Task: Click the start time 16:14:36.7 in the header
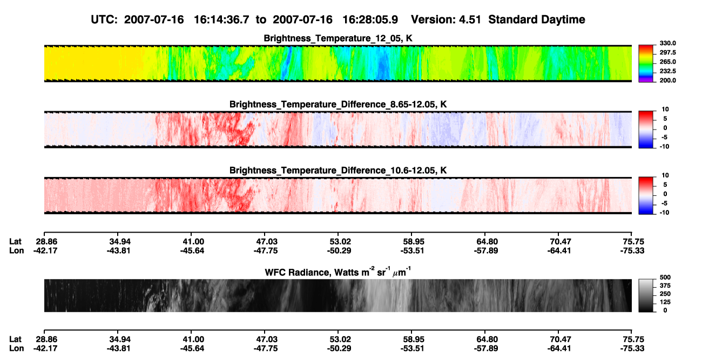coord(221,19)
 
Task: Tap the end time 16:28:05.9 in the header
coord(370,19)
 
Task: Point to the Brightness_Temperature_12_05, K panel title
coord(338,38)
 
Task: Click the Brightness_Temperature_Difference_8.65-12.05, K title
coord(338,104)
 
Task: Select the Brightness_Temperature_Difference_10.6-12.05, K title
coord(338,171)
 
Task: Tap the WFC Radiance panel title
coord(338,272)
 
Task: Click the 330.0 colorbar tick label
coord(667,43)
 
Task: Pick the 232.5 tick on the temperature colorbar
coord(667,71)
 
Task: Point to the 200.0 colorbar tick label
coord(667,80)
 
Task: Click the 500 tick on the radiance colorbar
coord(665,277)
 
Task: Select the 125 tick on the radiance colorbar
coord(665,302)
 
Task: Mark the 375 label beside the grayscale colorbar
coord(665,286)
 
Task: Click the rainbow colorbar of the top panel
coord(646,64)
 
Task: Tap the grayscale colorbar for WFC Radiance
coord(646,295)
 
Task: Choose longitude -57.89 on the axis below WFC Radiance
coord(486,349)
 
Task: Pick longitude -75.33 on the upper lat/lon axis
coord(632,250)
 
